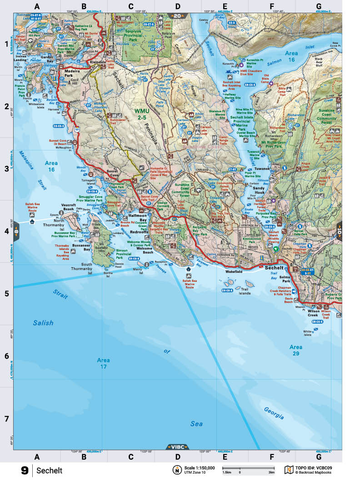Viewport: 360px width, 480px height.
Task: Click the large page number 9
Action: pos(25,470)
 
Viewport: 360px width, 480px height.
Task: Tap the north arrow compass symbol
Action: pos(176,470)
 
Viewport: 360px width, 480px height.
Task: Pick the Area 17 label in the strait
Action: pos(103,363)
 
